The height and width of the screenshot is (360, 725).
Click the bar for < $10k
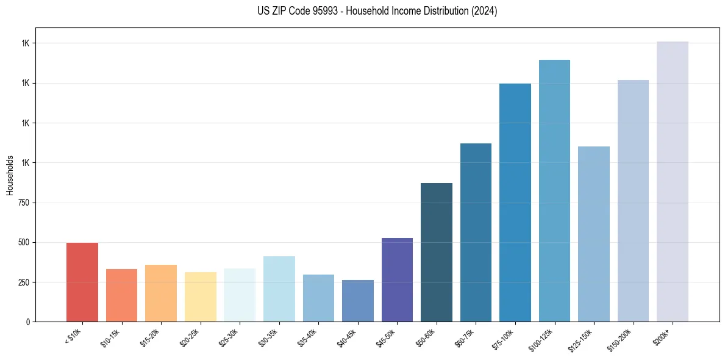tap(82, 282)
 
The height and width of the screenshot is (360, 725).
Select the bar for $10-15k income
tap(121, 295)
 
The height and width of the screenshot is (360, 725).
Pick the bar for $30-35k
tap(279, 289)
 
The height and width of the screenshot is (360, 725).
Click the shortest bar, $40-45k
tap(357, 301)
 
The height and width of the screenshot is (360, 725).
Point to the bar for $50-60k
tap(436, 253)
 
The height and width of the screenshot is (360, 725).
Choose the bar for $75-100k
tap(515, 203)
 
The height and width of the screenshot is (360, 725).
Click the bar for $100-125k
tap(554, 191)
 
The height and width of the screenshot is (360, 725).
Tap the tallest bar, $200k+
tap(672, 182)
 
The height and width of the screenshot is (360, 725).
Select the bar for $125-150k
tap(593, 234)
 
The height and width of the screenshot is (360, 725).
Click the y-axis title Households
tap(10, 175)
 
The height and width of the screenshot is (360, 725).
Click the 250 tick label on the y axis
tap(23, 283)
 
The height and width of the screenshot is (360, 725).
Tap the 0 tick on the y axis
tap(28, 322)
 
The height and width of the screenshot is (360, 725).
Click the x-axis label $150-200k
tap(620, 339)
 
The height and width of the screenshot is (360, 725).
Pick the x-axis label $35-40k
tap(307, 337)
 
